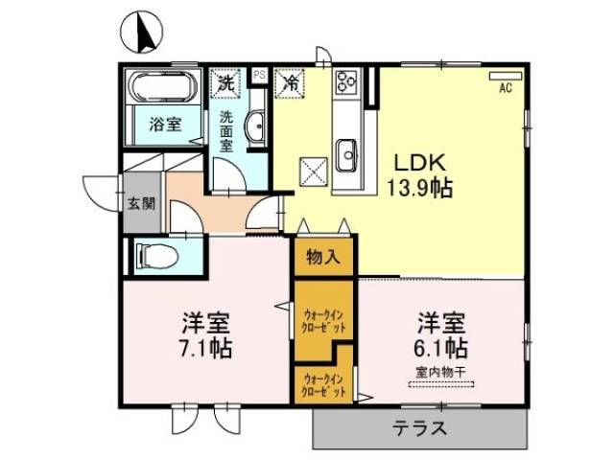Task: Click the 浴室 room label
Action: (x=164, y=124)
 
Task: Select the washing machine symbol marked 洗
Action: (x=224, y=82)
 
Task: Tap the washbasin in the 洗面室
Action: (x=256, y=126)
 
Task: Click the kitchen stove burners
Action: (x=345, y=84)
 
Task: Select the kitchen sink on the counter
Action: (x=347, y=150)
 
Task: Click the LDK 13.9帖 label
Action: (x=419, y=173)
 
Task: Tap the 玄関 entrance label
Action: (x=136, y=203)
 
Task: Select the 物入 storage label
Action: (x=322, y=256)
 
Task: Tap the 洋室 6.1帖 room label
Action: (x=441, y=333)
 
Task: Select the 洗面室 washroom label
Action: (x=226, y=131)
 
